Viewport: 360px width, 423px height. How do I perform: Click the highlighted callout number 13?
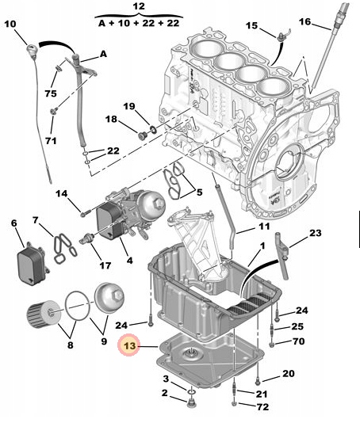129,345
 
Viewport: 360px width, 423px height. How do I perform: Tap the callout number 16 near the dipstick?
305,21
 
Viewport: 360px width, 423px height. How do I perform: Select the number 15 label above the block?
251,25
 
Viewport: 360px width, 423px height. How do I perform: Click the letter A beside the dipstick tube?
103,54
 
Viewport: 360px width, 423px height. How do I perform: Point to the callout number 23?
315,233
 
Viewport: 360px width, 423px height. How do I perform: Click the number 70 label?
298,341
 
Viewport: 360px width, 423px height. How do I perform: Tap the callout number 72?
262,407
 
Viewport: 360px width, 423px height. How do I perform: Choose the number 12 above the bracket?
139,6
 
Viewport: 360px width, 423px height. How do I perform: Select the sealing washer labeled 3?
191,391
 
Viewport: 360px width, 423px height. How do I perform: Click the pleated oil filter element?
44,314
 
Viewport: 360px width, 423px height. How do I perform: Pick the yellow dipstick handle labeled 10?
32,50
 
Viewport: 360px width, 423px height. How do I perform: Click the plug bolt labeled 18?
142,135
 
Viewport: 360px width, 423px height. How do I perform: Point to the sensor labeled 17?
87,238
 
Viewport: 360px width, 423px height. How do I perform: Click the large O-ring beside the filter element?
77,306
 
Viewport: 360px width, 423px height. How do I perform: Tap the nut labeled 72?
234,404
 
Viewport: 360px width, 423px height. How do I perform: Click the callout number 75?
51,93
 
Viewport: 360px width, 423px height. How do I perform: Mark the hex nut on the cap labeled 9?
118,295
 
